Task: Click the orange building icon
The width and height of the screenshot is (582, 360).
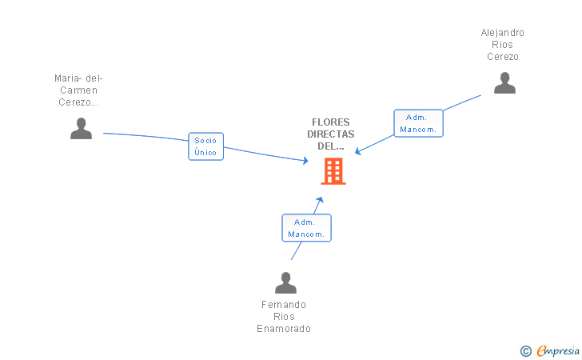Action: [333, 171]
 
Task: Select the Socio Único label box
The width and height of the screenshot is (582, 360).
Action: [205, 146]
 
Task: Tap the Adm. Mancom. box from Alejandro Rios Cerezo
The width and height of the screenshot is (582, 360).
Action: [418, 123]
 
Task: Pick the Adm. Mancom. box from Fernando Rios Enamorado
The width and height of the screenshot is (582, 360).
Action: [306, 228]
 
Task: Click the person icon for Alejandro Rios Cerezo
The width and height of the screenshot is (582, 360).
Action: [504, 82]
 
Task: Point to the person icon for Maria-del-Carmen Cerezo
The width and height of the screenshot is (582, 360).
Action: [81, 128]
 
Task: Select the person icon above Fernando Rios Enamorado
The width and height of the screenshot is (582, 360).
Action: [285, 282]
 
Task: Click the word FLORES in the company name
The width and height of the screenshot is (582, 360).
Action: [330, 122]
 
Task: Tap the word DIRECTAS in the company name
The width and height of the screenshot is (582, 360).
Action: [330, 134]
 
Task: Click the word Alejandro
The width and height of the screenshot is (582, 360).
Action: [503, 33]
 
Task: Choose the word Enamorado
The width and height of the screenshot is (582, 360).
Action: [284, 329]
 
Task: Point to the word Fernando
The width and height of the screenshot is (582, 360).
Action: [284, 305]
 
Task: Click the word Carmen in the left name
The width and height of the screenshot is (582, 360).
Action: [78, 90]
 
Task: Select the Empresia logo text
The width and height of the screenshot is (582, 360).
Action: [558, 350]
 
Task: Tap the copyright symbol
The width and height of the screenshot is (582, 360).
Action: [525, 350]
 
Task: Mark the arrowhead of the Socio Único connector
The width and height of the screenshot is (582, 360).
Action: [305, 161]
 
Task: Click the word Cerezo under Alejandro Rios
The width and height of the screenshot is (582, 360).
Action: [503, 57]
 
